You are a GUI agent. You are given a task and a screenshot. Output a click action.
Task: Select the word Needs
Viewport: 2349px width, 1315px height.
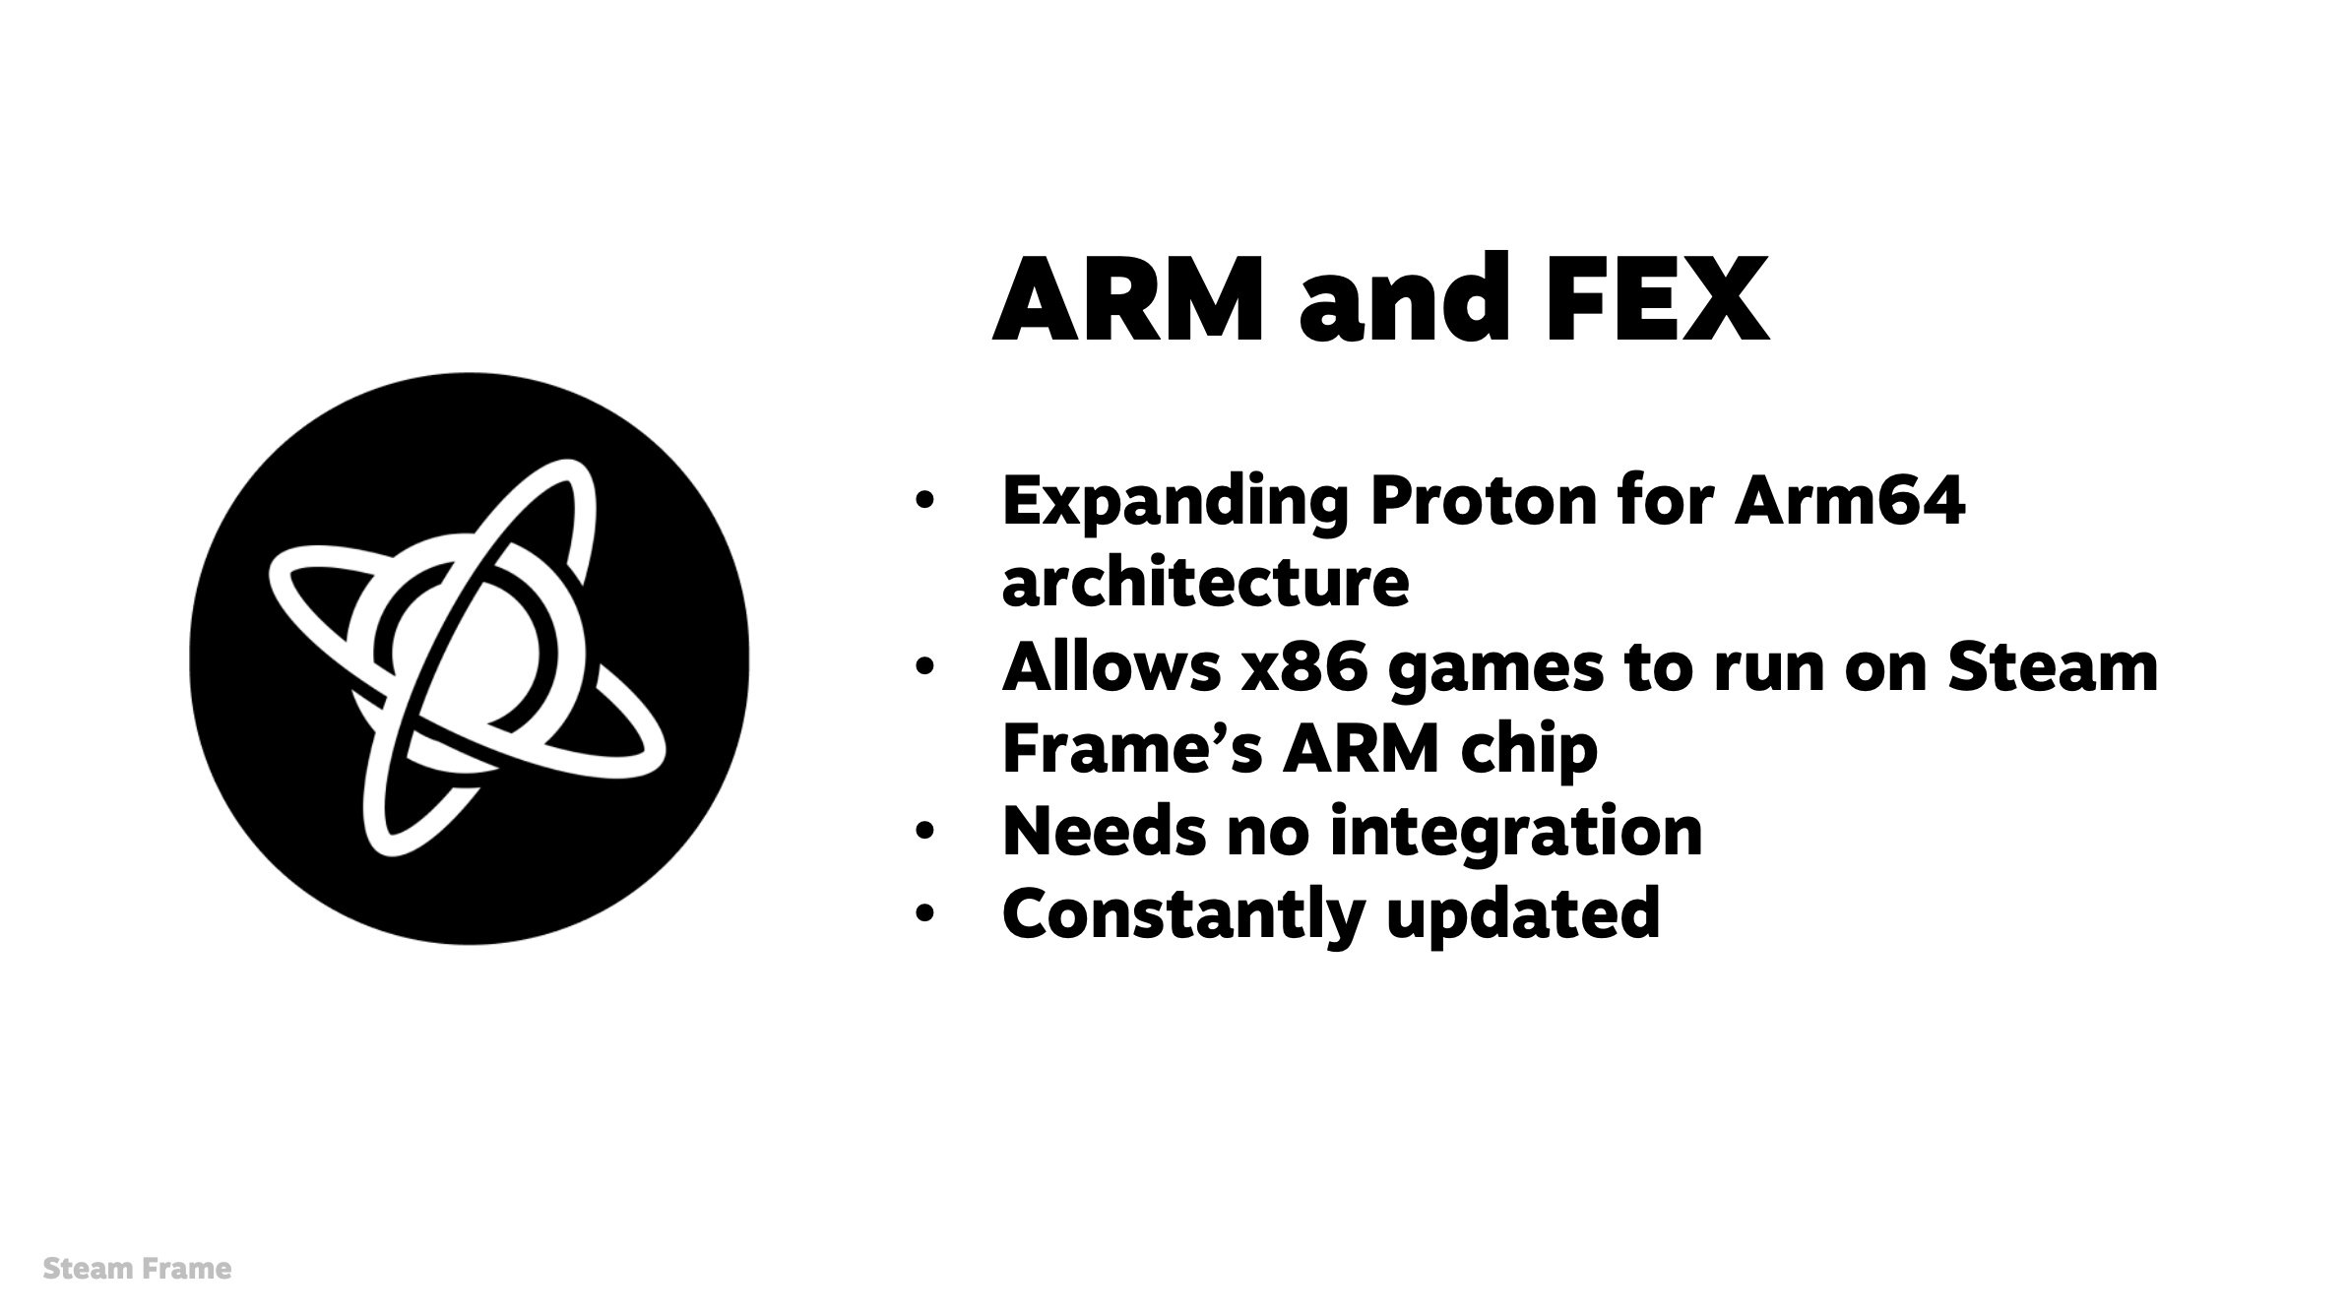click(1104, 831)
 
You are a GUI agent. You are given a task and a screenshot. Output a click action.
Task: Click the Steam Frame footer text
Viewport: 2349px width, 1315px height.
click(137, 1269)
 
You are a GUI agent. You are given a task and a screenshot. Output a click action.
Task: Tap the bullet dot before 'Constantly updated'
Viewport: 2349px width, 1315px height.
click(922, 914)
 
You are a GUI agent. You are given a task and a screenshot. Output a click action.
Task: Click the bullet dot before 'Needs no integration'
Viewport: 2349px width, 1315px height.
click(922, 833)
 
